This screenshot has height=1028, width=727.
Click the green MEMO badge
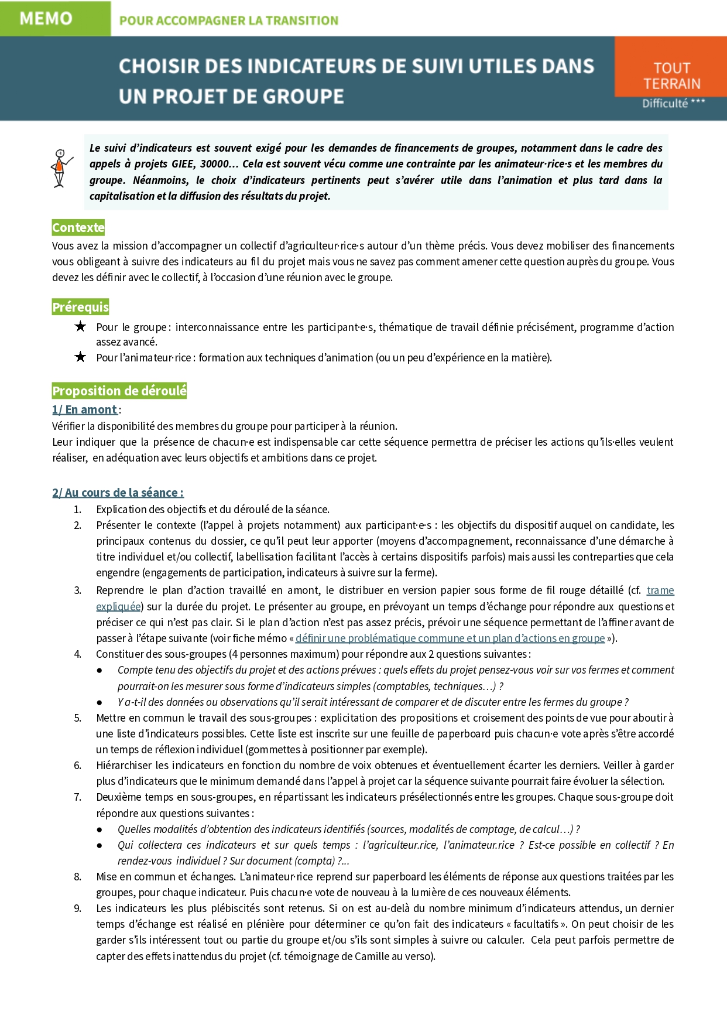pyautogui.click(x=47, y=19)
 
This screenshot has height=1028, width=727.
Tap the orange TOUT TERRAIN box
pyautogui.click(x=671, y=75)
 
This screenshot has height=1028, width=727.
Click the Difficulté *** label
pyautogui.click(x=673, y=104)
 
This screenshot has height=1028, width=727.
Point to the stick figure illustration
pyautogui.click(x=60, y=168)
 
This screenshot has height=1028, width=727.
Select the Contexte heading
pyautogui.click(x=78, y=227)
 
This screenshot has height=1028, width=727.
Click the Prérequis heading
pyautogui.click(x=80, y=307)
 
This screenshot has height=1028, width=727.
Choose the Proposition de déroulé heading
pyautogui.click(x=119, y=391)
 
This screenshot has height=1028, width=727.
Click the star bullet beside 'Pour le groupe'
pyautogui.click(x=80, y=327)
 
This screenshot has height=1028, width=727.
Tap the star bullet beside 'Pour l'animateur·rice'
pyautogui.click(x=80, y=357)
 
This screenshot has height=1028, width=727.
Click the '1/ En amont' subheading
pyautogui.click(x=84, y=409)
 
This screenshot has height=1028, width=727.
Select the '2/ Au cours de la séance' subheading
pyautogui.click(x=117, y=493)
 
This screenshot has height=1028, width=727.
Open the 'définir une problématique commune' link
pyautogui.click(x=450, y=638)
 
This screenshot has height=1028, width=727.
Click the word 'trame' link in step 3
pyautogui.click(x=660, y=590)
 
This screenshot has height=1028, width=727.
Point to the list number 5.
pyautogui.click(x=77, y=718)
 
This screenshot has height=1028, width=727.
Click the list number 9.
pyautogui.click(x=77, y=909)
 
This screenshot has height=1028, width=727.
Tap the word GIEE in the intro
pyautogui.click(x=183, y=164)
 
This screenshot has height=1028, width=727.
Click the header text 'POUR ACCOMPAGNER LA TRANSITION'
pyautogui.click(x=229, y=21)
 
